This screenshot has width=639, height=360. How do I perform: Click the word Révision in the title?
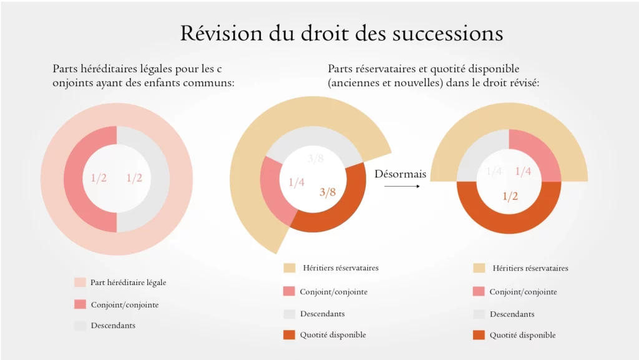[x=215, y=33]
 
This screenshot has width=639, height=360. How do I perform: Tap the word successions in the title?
[x=448, y=33]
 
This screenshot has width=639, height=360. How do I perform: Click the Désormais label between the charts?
[x=400, y=174]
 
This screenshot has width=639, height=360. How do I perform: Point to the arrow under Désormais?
[x=400, y=185]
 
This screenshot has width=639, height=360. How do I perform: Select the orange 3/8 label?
[x=328, y=192]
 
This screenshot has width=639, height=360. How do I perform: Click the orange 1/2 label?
[x=510, y=196]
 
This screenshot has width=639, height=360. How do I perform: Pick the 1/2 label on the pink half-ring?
[x=99, y=178]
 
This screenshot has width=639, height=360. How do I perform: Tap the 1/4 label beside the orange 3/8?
[x=296, y=182]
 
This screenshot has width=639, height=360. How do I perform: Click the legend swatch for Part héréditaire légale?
[x=80, y=283]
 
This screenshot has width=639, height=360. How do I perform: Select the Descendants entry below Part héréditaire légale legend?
[x=113, y=326]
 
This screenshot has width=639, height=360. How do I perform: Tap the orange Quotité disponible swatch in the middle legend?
[x=289, y=335]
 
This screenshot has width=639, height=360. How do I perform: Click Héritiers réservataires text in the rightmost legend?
[x=530, y=268]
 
